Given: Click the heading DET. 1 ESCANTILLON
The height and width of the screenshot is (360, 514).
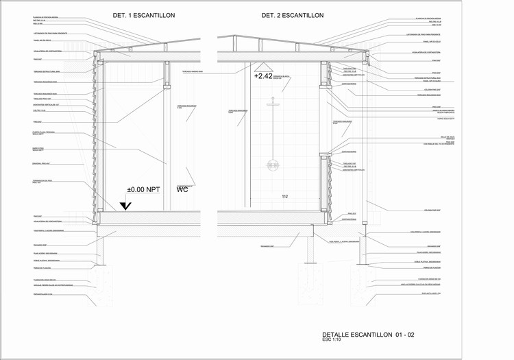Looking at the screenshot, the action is coord(144,14).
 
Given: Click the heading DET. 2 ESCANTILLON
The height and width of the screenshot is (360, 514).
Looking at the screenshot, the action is coord(293,14).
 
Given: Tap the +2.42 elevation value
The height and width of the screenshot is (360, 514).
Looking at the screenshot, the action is coord(263,76).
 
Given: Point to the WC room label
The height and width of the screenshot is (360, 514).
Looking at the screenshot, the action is coord(182,190).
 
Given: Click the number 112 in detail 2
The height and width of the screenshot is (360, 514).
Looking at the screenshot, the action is coord(285,197).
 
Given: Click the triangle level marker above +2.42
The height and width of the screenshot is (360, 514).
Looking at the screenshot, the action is coord(262,67).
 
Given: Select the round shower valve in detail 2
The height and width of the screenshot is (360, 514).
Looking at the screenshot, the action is coord(273,165).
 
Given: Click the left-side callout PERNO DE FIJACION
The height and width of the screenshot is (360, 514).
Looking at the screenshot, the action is coord(43,269).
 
